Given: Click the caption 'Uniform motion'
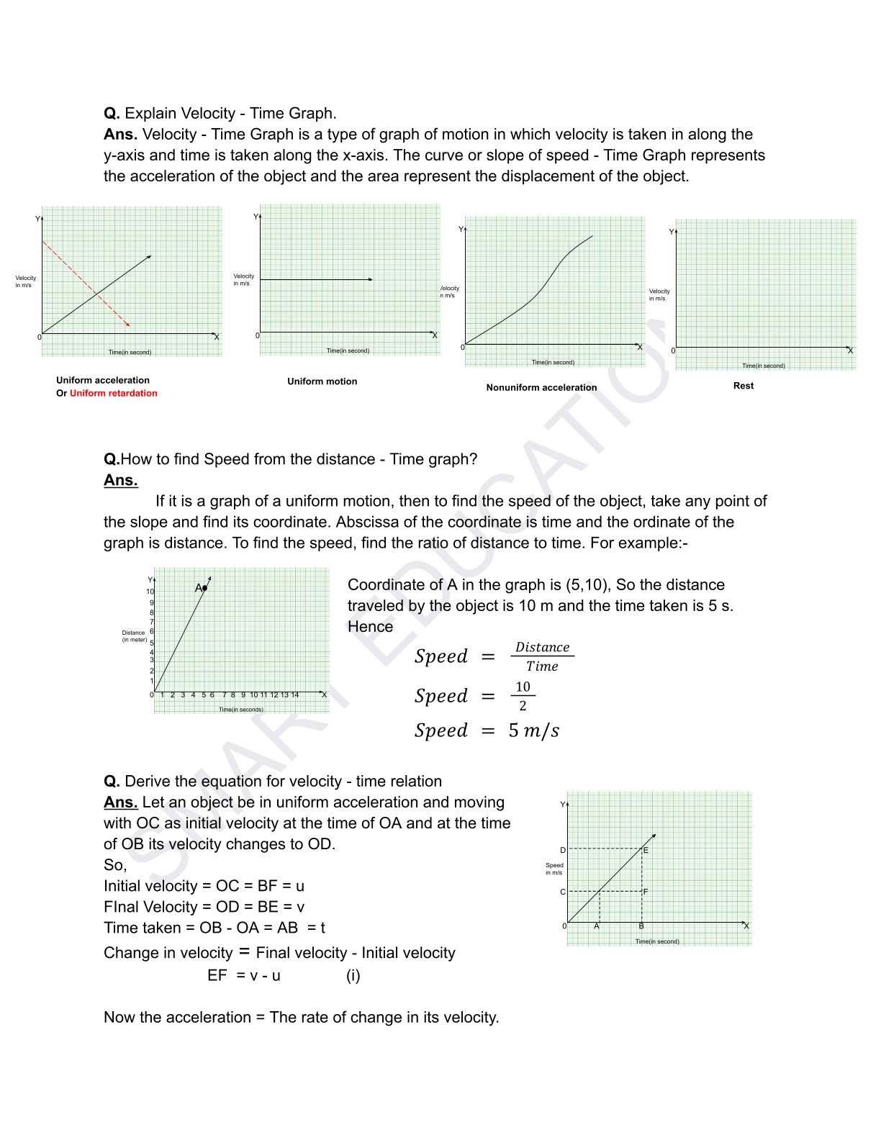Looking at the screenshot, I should click(322, 381).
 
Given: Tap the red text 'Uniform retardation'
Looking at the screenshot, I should click(113, 393).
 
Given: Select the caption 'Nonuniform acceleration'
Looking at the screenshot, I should click(541, 387).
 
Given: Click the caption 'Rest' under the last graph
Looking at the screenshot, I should click(743, 386).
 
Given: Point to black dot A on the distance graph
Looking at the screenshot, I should click(204, 588).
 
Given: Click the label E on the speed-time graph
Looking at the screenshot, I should click(646, 850).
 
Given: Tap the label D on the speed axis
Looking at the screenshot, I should click(563, 850).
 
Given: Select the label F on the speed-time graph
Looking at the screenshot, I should click(646, 892).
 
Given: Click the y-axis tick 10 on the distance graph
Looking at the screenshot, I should click(150, 592).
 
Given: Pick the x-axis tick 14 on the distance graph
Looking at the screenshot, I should click(294, 695).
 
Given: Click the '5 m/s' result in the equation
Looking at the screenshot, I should click(533, 730).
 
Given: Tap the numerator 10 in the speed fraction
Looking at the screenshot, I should click(523, 687).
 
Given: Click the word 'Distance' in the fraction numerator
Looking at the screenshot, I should click(542, 647).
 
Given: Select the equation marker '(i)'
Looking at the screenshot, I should click(353, 975).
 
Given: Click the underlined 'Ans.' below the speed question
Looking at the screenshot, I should click(120, 480).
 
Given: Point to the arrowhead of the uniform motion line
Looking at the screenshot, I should click(371, 279).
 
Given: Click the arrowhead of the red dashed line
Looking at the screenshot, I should click(128, 325).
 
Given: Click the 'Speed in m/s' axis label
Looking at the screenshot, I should click(554, 869).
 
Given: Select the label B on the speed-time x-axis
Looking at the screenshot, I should click(641, 926).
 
